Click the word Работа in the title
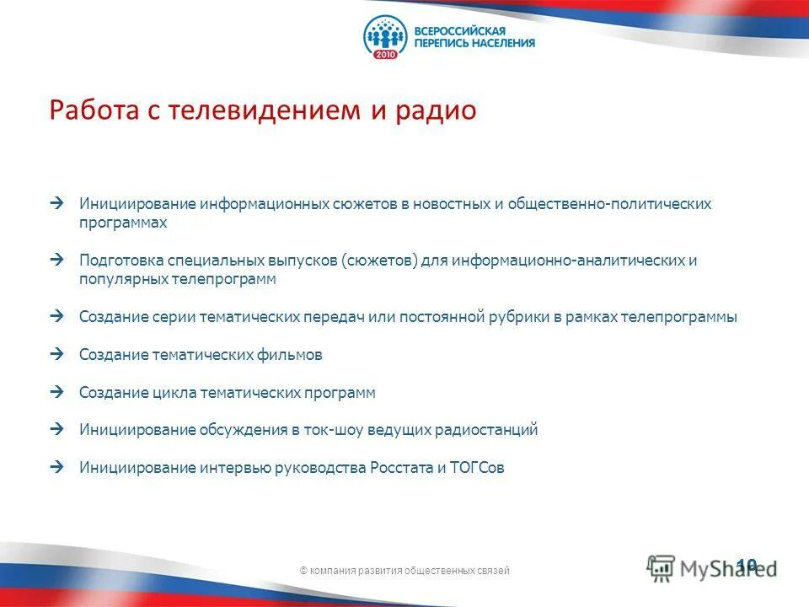[88, 111]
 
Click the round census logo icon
[385, 36]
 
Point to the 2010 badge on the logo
[384, 53]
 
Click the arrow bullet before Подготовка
[56, 260]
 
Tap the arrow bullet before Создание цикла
[56, 392]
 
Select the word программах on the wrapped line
[123, 223]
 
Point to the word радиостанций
[486, 430]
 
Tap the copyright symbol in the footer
[303, 571]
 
